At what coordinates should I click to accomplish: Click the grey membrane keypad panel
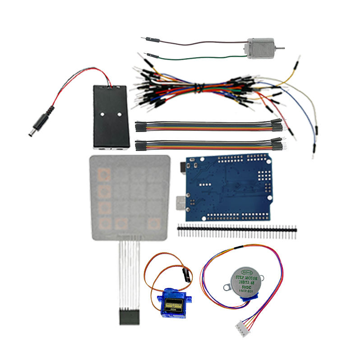[x=130, y=197]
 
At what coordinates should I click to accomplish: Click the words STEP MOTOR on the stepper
[x=246, y=278]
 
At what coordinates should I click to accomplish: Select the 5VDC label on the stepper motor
[x=246, y=287]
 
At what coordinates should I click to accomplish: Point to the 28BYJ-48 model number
[x=246, y=282]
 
